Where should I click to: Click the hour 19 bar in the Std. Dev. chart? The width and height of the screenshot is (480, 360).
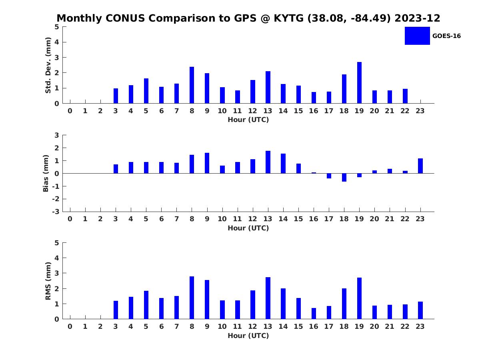[359, 83]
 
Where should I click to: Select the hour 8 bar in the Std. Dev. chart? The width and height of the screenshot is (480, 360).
[192, 85]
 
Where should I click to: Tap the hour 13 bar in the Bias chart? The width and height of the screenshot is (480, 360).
[268, 162]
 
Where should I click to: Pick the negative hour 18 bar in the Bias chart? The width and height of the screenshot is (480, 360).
[344, 178]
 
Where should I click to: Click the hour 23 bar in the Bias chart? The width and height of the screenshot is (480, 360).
[420, 166]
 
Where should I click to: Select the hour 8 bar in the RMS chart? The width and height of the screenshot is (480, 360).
[192, 298]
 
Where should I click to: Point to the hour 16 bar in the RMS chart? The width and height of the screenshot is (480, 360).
[314, 314]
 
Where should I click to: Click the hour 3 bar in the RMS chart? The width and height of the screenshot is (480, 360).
[116, 310]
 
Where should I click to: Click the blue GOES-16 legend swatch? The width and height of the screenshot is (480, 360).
[417, 36]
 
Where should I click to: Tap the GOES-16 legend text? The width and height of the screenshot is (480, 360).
[446, 36]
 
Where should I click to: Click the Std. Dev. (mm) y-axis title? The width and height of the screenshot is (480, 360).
[48, 65]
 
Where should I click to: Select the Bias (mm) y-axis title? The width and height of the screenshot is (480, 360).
[46, 173]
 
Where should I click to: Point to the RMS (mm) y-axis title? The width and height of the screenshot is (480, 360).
[48, 281]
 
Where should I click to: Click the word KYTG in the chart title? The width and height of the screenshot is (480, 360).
[288, 18]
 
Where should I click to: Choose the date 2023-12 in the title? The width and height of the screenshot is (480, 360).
[417, 18]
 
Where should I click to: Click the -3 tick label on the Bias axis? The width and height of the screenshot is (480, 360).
[56, 212]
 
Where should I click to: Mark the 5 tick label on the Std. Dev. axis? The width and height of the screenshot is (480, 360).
[57, 27]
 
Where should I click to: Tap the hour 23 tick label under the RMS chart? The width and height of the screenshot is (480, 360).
[420, 326]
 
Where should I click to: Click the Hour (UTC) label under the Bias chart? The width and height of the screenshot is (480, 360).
[248, 228]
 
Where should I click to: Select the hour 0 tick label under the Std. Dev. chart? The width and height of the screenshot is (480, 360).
[70, 111]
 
